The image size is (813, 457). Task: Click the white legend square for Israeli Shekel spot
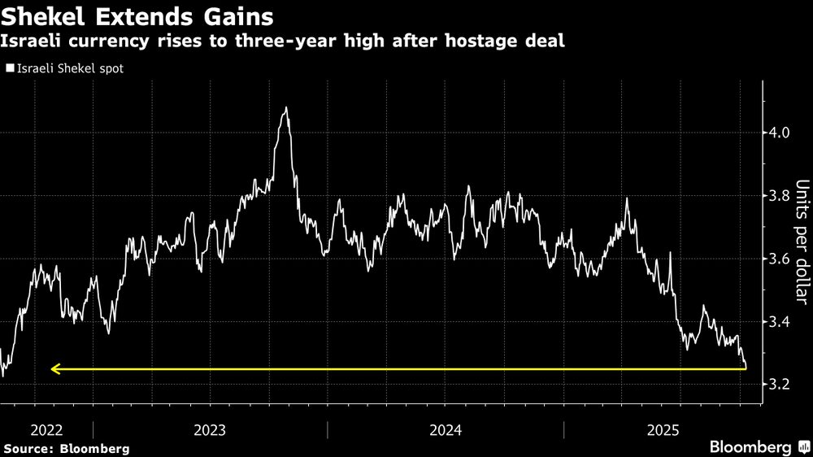[10, 68]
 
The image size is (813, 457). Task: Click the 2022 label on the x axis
[46, 429]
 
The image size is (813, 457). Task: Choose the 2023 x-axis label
[211, 429]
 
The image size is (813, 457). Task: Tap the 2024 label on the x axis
[445, 429]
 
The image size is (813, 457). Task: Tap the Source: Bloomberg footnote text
[67, 448]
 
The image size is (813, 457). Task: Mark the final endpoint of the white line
[746, 368]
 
